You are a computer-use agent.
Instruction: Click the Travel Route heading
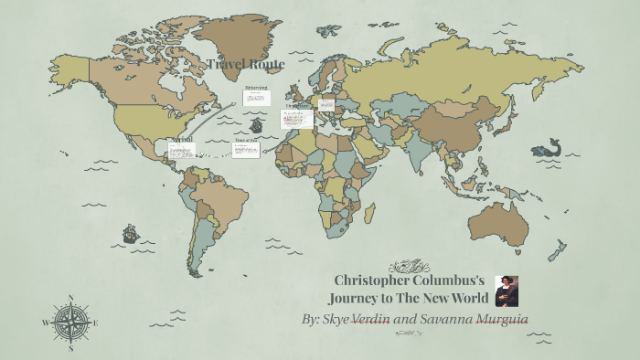tap(245, 64)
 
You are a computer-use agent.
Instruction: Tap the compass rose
tap(70, 323)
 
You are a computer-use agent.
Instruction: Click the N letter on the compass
tap(70, 298)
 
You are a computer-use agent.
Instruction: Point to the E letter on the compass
tap(95, 323)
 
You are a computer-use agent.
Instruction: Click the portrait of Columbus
tap(507, 291)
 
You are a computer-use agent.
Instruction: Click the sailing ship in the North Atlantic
tap(258, 123)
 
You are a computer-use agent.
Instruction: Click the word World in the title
tap(464, 298)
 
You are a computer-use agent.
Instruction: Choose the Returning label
tap(256, 89)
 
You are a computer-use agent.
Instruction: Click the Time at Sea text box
tap(246, 149)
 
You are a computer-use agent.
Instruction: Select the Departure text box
tap(297, 118)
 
